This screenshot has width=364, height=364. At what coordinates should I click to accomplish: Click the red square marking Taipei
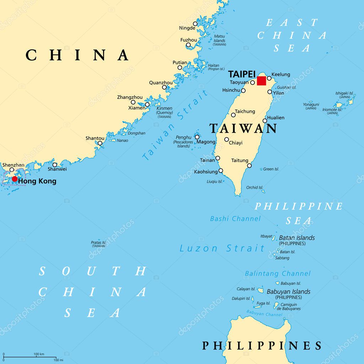261,81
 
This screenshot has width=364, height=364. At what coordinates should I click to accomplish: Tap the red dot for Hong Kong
15,179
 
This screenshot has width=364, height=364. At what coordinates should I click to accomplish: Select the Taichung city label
245,111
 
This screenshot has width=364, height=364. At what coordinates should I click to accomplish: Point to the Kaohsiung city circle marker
221,171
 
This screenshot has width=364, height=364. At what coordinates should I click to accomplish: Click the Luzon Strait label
222,248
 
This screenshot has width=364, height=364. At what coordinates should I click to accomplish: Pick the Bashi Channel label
235,219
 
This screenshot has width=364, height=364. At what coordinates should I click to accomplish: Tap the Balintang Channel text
278,273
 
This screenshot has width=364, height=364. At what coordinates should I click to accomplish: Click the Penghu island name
183,137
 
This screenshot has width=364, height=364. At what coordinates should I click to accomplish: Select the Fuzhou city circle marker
188,45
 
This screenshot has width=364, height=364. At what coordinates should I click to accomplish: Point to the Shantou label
95,138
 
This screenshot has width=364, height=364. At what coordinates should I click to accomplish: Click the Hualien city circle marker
265,121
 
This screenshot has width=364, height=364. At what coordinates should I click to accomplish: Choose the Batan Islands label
296,238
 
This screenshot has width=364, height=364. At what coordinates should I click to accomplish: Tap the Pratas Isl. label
98,242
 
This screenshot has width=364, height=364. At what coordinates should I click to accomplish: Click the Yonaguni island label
311,105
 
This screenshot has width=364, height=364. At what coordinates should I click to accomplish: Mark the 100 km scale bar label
39,354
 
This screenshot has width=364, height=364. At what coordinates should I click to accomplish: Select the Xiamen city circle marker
147,105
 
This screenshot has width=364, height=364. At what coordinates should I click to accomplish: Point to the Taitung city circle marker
249,165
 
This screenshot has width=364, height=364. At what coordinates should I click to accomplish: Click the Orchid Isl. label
255,187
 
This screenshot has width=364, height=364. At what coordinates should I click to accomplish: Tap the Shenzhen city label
14,165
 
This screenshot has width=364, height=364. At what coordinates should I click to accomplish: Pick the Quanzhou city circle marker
164,87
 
